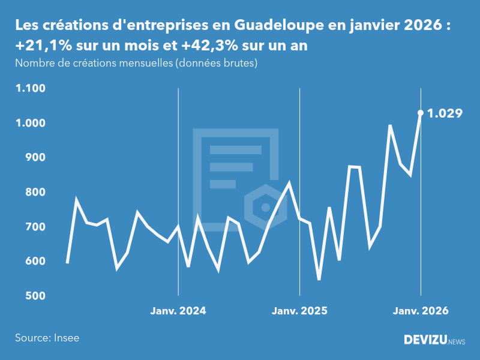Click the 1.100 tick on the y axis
[31, 88]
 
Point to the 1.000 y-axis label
[31, 123]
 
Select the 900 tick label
[35, 157]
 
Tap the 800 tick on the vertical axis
[35, 192]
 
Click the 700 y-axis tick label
[35, 227]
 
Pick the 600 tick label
[35, 261]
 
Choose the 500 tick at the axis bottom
[35, 296]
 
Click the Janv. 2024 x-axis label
[178, 311]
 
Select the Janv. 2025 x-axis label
[299, 311]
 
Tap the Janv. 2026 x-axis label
[420, 311]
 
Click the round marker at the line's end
[421, 113]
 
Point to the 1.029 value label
[445, 113]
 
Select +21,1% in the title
[41, 46]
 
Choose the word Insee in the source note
[66, 338]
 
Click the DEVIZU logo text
[425, 340]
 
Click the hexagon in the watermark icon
[265, 208]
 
